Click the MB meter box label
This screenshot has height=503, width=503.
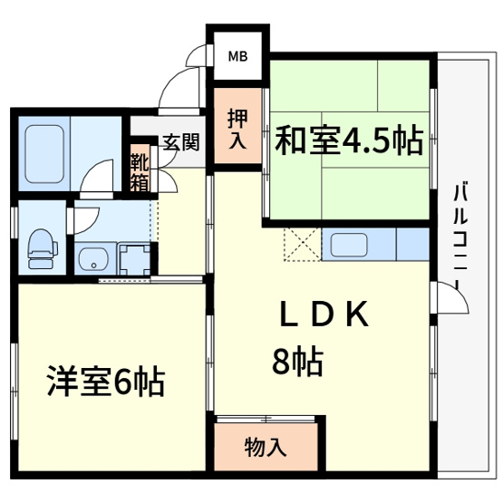coord(237,57)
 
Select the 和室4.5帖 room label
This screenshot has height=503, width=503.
coord(348,140)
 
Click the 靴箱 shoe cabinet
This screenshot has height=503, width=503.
coord(140,169)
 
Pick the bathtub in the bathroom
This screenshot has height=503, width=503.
coord(44,149)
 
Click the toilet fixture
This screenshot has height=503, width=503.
coord(39,246)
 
